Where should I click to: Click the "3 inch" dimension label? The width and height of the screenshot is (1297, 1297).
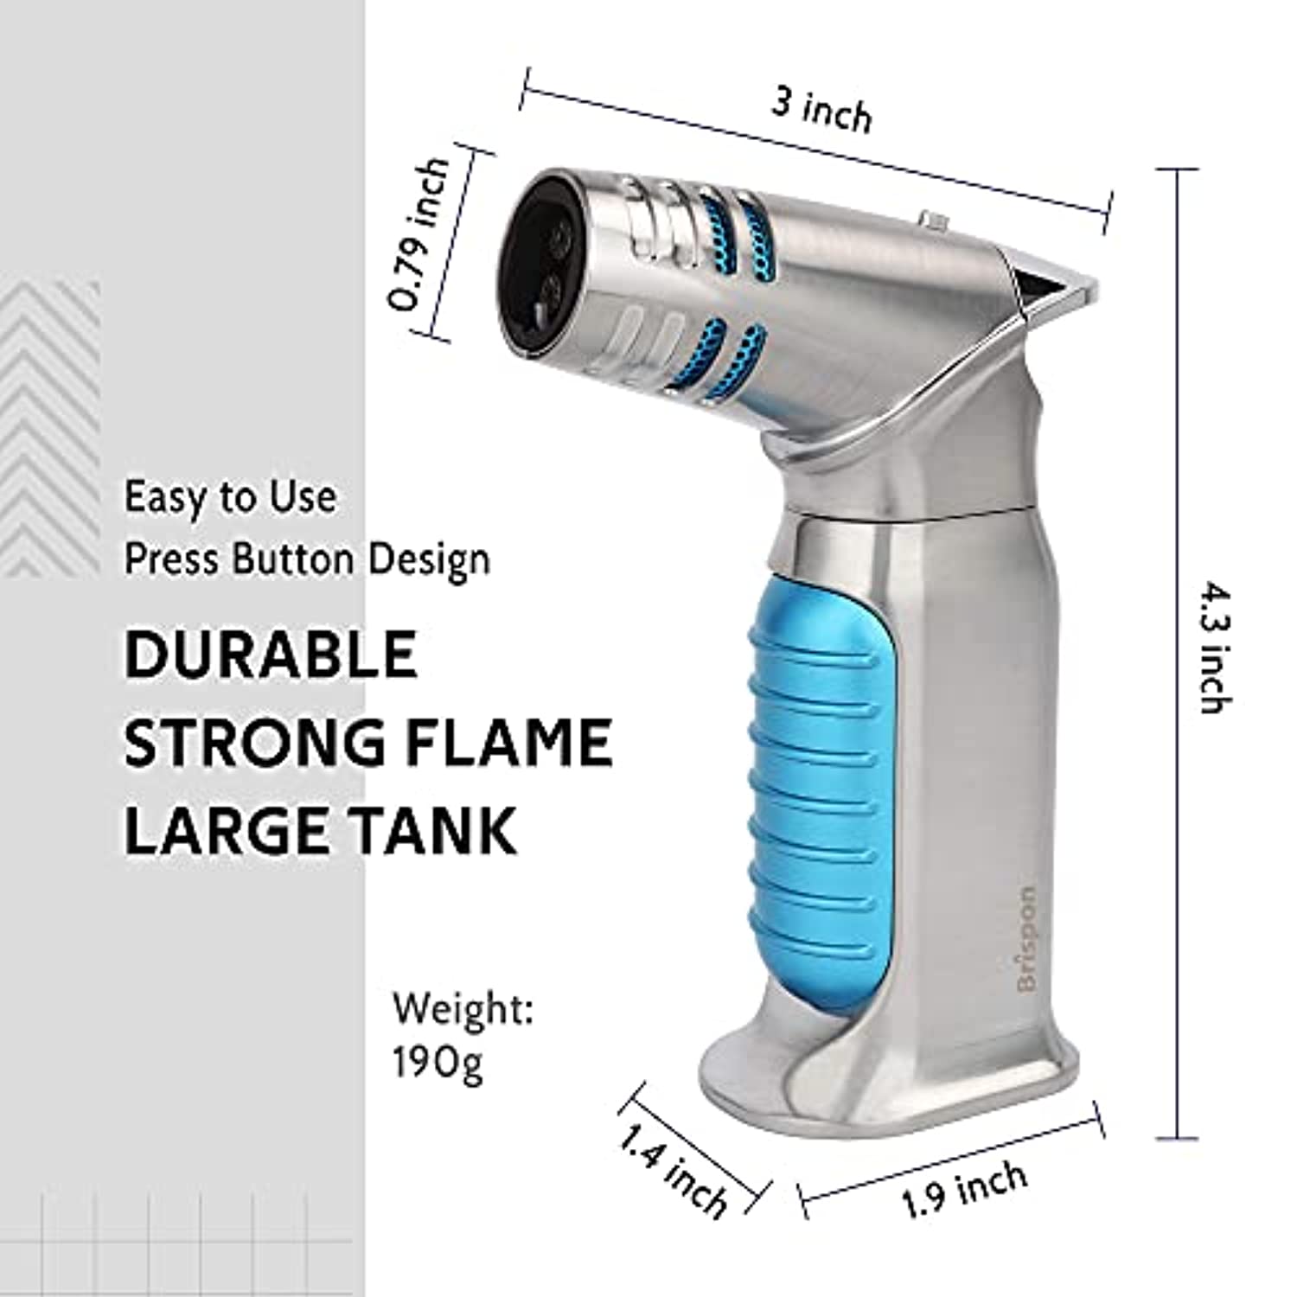pos(821,113)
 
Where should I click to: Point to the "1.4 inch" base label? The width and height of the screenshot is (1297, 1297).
pos(671,1171)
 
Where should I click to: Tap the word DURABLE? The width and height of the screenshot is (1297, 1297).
pos(272,655)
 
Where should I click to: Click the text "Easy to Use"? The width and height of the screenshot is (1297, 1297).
pos(231,497)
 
